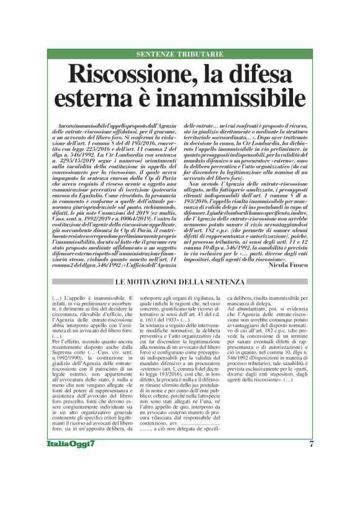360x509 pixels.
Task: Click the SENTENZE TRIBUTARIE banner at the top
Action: (179, 54)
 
